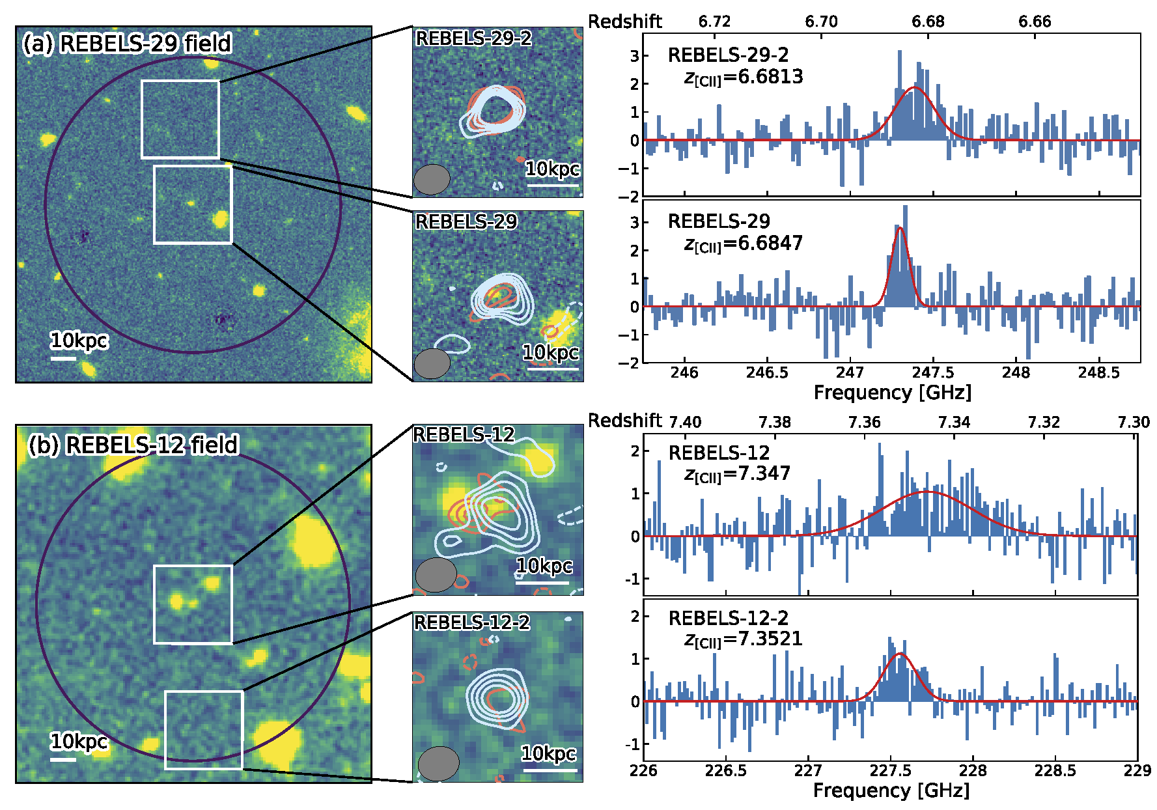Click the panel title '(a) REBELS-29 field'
point(127,44)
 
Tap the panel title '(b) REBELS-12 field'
point(133,445)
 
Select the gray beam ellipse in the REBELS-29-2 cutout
point(432,180)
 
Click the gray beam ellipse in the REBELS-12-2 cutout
point(438,763)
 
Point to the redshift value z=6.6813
point(743,77)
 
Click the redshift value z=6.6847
point(743,244)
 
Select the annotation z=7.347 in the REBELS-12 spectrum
point(737,474)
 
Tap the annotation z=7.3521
point(743,639)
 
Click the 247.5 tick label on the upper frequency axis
point(933,372)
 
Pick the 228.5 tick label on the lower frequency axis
point(1055,771)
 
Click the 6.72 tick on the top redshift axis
point(714,22)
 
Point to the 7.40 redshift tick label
point(685,422)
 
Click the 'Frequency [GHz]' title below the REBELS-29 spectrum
point(892,393)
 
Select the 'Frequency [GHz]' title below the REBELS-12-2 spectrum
point(891,790)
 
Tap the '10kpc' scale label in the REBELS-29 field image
point(79,341)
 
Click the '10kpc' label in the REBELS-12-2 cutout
point(549,754)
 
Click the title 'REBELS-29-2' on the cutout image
point(473,39)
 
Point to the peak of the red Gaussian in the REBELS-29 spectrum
point(900,228)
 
